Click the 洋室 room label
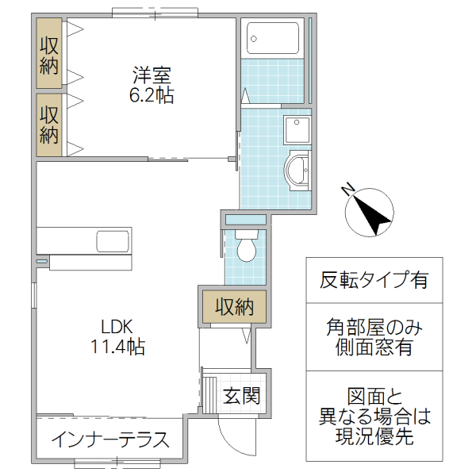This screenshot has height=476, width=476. pyautogui.click(x=152, y=77)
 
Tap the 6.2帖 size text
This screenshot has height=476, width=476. pyautogui.click(x=152, y=96)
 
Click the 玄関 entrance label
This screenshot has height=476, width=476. pyautogui.click(x=240, y=394)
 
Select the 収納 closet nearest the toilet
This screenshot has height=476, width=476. pyautogui.click(x=233, y=306)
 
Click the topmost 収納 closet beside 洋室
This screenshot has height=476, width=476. pyautogui.click(x=50, y=56)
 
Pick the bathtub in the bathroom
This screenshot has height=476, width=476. pyautogui.click(x=273, y=37)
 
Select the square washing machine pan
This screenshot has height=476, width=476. pyautogui.click(x=299, y=128)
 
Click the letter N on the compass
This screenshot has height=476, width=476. pyautogui.click(x=347, y=190)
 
